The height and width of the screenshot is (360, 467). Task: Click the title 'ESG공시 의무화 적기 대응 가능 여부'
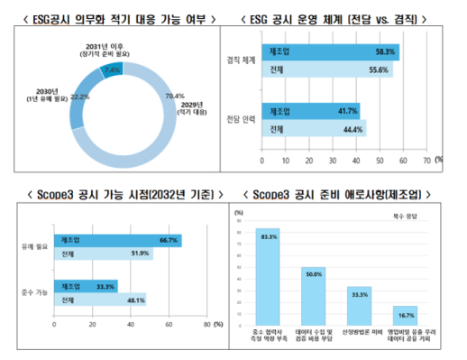pyautogui.click(x=115, y=18)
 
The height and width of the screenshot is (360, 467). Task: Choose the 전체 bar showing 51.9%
pyautogui.click(x=104, y=254)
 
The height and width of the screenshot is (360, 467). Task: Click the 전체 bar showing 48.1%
pyautogui.click(x=100, y=300)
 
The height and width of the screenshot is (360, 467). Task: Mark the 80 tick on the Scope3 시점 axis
pyautogui.click(x=206, y=324)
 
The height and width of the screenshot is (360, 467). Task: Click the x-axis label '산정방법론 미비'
pyautogui.click(x=361, y=334)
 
